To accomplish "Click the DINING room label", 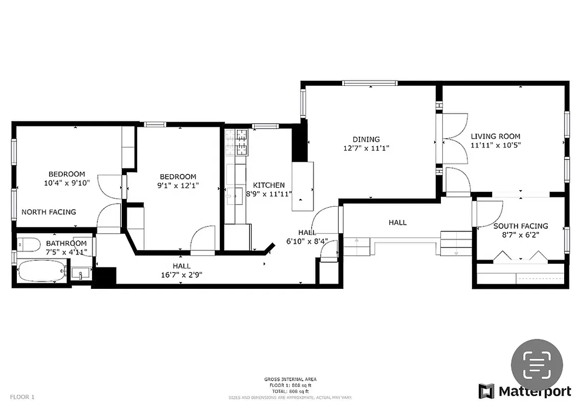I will point(366,139).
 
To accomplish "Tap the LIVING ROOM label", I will point(495,137).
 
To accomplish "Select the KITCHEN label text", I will point(269,185).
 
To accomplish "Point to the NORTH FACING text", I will point(49,212).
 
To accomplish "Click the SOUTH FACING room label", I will point(520,226).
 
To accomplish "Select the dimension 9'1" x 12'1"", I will point(177,186).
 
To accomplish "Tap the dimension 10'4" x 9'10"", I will point(66,183).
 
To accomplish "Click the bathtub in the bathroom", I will point(42,270).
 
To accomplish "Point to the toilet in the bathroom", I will point(29,245).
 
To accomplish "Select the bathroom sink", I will point(80,274).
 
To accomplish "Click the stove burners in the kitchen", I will point(236,143).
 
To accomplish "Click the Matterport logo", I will point(524,391).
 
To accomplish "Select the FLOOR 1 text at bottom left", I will point(23,397).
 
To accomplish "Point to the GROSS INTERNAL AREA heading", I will point(290,379).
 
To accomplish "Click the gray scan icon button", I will point(537,365).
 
